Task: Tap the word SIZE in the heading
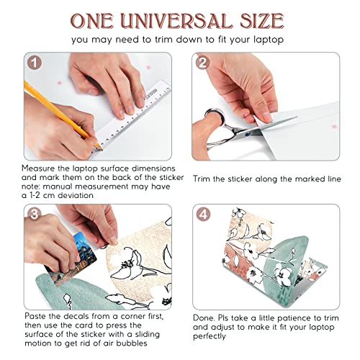(262, 21)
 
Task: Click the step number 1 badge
(35, 63)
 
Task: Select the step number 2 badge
(203, 63)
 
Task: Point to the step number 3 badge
(35, 214)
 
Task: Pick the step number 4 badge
(204, 215)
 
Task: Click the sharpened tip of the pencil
(101, 148)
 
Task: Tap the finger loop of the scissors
(215, 116)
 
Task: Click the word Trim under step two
(202, 179)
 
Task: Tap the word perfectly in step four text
(210, 336)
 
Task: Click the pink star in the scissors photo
(334, 126)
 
